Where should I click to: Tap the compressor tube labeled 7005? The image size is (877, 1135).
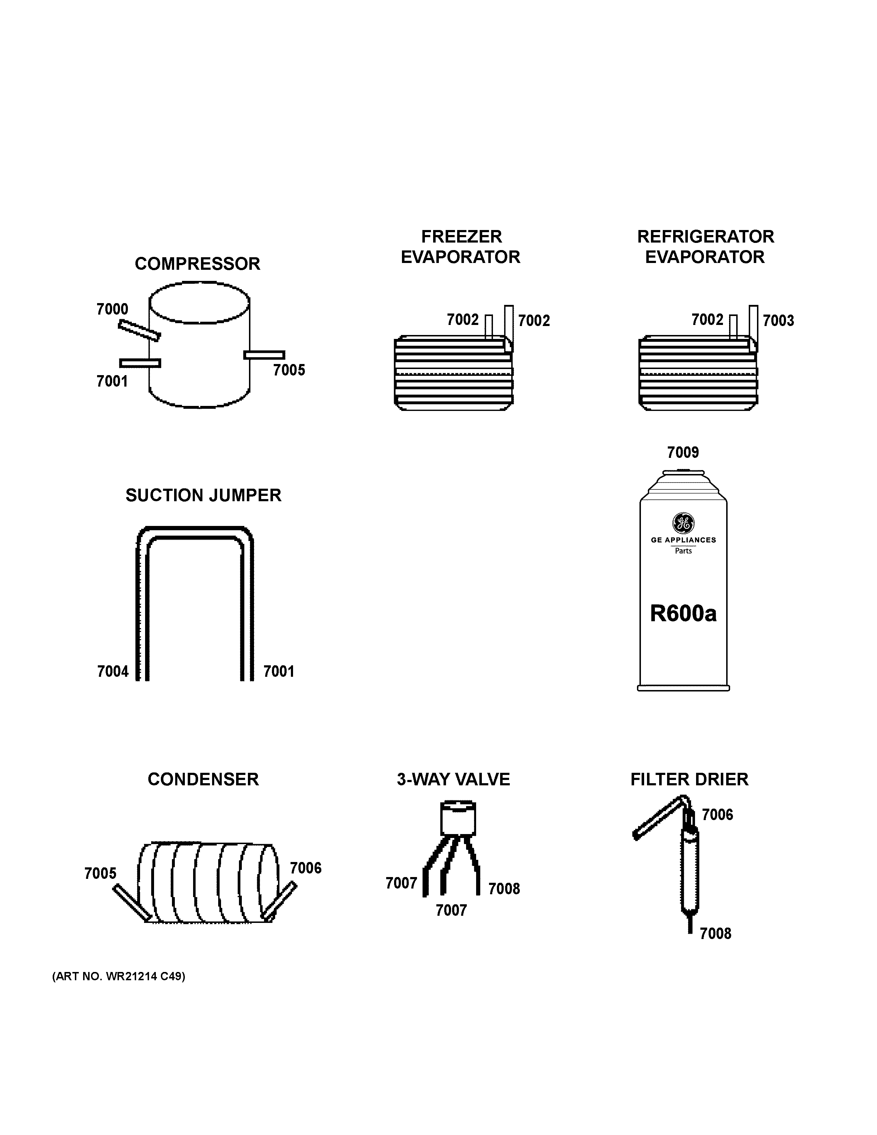coord(264,355)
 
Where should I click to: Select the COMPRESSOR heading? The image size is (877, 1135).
coord(197,264)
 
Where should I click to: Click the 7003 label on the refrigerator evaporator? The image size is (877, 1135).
coord(778,321)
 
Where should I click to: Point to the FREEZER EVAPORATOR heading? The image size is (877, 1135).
coord(461,247)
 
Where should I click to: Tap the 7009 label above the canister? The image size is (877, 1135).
coord(683,452)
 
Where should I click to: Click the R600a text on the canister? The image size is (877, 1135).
coord(683,614)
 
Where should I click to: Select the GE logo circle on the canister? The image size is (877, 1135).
coord(683,522)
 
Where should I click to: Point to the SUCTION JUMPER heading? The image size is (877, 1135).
coord(203,495)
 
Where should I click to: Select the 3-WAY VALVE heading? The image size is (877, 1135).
coord(453,780)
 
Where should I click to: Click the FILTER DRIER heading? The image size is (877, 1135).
coord(689,780)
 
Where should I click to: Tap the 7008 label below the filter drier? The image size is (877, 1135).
coord(715,934)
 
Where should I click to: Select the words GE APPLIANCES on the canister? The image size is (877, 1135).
coord(683,540)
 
